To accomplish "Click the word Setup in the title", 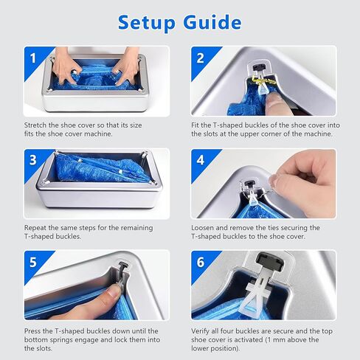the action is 146,23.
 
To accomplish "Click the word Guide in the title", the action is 212,22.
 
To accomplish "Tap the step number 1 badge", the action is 33,58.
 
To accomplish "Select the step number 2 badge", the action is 201,58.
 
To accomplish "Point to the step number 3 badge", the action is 33,160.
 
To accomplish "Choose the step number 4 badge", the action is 201,160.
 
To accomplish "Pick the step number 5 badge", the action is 33,262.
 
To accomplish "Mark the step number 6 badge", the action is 201,262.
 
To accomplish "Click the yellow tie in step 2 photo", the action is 261,80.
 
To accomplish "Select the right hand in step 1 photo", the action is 126,66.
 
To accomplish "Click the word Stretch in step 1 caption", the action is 35,125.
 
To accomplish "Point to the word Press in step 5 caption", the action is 32,331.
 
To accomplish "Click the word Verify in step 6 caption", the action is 201,331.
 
